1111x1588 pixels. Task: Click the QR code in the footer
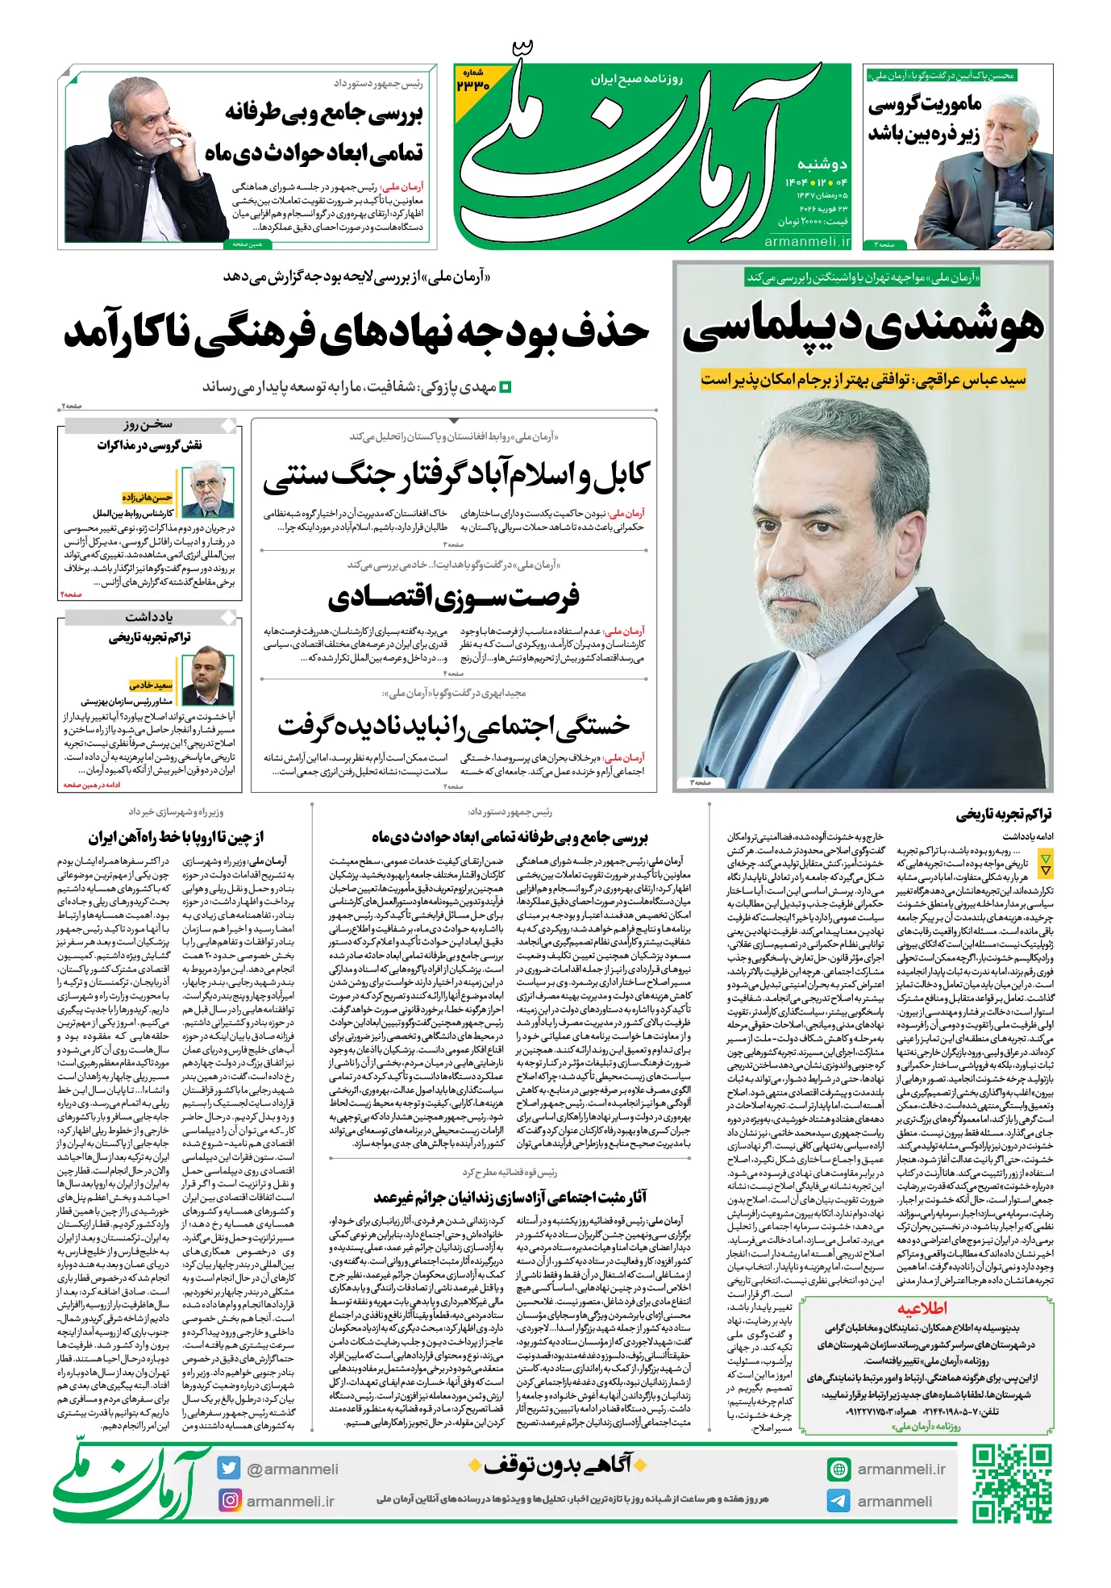coord(1011,1485)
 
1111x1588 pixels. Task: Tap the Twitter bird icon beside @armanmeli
coord(229,1469)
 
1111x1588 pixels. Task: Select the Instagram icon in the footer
coord(230,1501)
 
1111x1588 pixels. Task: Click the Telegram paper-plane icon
coord(838,1501)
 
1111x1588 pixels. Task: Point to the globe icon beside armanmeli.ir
coord(838,1469)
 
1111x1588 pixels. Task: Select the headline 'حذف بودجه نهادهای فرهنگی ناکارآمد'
coord(356,332)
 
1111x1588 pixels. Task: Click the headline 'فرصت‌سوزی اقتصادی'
coord(454,598)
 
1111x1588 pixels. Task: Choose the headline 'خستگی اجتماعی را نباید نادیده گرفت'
coord(454,725)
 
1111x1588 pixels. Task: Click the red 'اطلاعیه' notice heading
coord(922,1308)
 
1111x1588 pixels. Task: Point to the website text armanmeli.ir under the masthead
coord(807,241)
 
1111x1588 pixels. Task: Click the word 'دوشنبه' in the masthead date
coord(822,164)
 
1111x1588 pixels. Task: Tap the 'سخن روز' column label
coord(148,424)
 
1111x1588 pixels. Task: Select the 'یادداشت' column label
coord(149,617)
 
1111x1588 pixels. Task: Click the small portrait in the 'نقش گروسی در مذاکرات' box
coord(207,492)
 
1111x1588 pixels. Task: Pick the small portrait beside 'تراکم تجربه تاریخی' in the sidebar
coord(207,676)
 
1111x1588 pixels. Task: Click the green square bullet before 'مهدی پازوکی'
coord(506,388)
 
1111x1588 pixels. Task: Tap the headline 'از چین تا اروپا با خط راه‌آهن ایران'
coord(176,836)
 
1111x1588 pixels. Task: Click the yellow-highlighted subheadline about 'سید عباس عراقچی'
coord(863,379)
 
